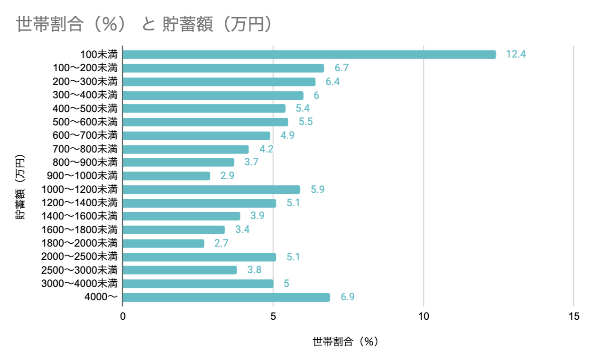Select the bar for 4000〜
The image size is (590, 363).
click(x=226, y=297)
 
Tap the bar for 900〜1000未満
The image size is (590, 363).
click(x=166, y=176)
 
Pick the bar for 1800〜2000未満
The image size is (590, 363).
click(x=164, y=243)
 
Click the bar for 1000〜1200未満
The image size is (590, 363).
click(x=212, y=190)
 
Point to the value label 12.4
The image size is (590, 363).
click(x=516, y=54)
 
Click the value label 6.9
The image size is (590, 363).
click(x=348, y=297)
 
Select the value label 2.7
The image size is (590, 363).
click(x=221, y=243)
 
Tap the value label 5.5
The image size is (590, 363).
click(x=305, y=122)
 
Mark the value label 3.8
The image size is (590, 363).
click(x=254, y=270)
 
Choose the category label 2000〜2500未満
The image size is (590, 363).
click(x=79, y=257)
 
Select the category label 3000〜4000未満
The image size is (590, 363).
click(x=79, y=284)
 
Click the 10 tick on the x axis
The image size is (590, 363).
click(x=423, y=316)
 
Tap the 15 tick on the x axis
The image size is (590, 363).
click(x=573, y=316)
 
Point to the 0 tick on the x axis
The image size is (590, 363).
click(x=123, y=316)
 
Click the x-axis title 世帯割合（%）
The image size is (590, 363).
click(x=346, y=342)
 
